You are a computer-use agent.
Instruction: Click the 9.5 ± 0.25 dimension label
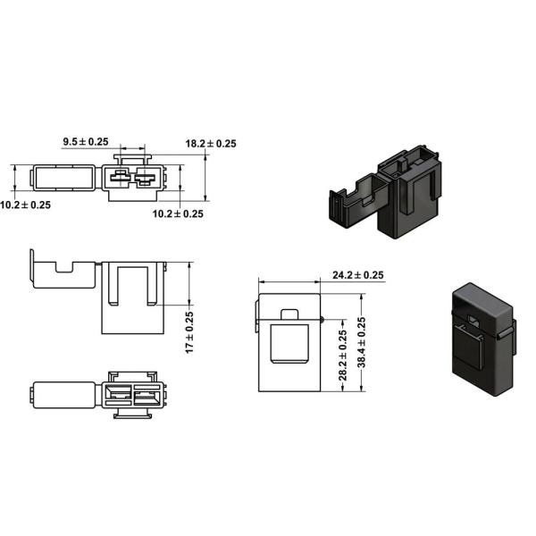click(x=85, y=141)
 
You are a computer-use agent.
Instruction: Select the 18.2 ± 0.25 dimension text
click(x=211, y=143)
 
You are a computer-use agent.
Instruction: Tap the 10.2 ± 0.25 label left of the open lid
click(x=26, y=205)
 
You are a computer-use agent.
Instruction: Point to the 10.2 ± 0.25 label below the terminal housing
click(x=177, y=214)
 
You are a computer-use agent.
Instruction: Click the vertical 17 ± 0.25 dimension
click(x=188, y=331)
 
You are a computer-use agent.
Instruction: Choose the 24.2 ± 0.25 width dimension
click(x=357, y=275)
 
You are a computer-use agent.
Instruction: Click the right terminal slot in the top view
click(x=146, y=178)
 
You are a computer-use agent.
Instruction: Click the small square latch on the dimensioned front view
click(x=289, y=316)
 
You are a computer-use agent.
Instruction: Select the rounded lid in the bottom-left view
click(x=63, y=395)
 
